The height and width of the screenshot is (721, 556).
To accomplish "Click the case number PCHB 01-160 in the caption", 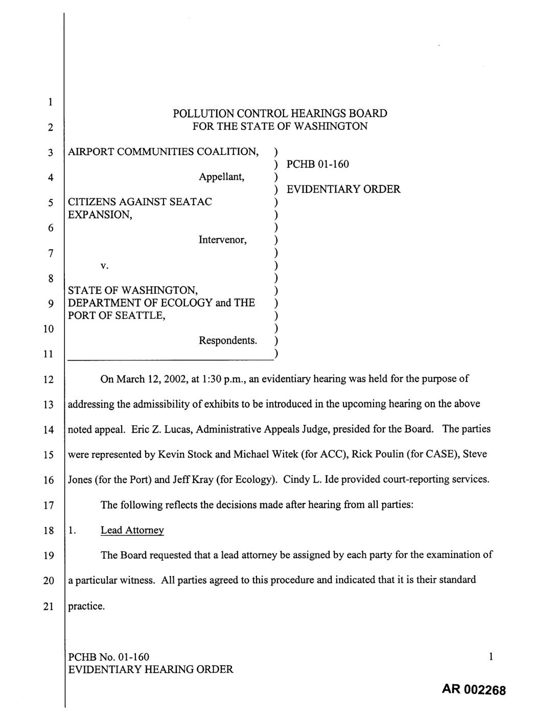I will (318, 164).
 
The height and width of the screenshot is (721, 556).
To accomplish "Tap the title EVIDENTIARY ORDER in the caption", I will (343, 189).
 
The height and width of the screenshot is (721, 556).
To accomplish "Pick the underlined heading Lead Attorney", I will (132, 530).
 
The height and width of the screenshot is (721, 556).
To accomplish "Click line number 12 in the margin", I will (49, 379).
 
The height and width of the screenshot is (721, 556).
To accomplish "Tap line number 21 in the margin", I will (49, 607).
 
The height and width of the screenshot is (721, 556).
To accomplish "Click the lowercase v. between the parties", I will (104, 266).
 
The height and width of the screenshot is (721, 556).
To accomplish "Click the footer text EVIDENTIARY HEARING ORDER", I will (151, 669).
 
